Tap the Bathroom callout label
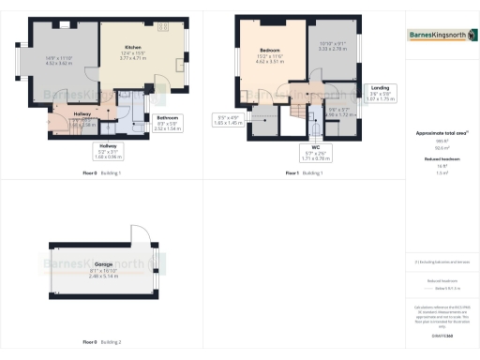(169, 121)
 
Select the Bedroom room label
(270, 52)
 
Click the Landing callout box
(379, 93)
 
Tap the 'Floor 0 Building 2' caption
(102, 341)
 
